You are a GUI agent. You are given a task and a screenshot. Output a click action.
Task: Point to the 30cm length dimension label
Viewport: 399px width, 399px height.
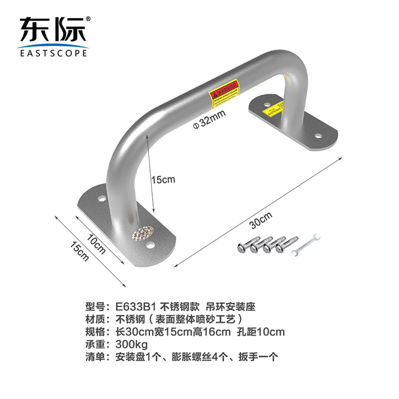click(261, 220)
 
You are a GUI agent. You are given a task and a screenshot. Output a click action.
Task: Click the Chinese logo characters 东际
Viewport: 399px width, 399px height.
click(52, 30)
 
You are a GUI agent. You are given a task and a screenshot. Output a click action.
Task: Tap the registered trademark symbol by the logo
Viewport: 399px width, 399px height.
click(88, 19)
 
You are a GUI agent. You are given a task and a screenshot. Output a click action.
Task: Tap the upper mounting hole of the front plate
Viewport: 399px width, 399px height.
click(102, 199)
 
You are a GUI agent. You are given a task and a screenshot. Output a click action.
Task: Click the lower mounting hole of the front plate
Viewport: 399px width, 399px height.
click(150, 245)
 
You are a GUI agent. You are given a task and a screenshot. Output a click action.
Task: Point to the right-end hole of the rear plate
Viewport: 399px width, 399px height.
click(317, 135)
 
